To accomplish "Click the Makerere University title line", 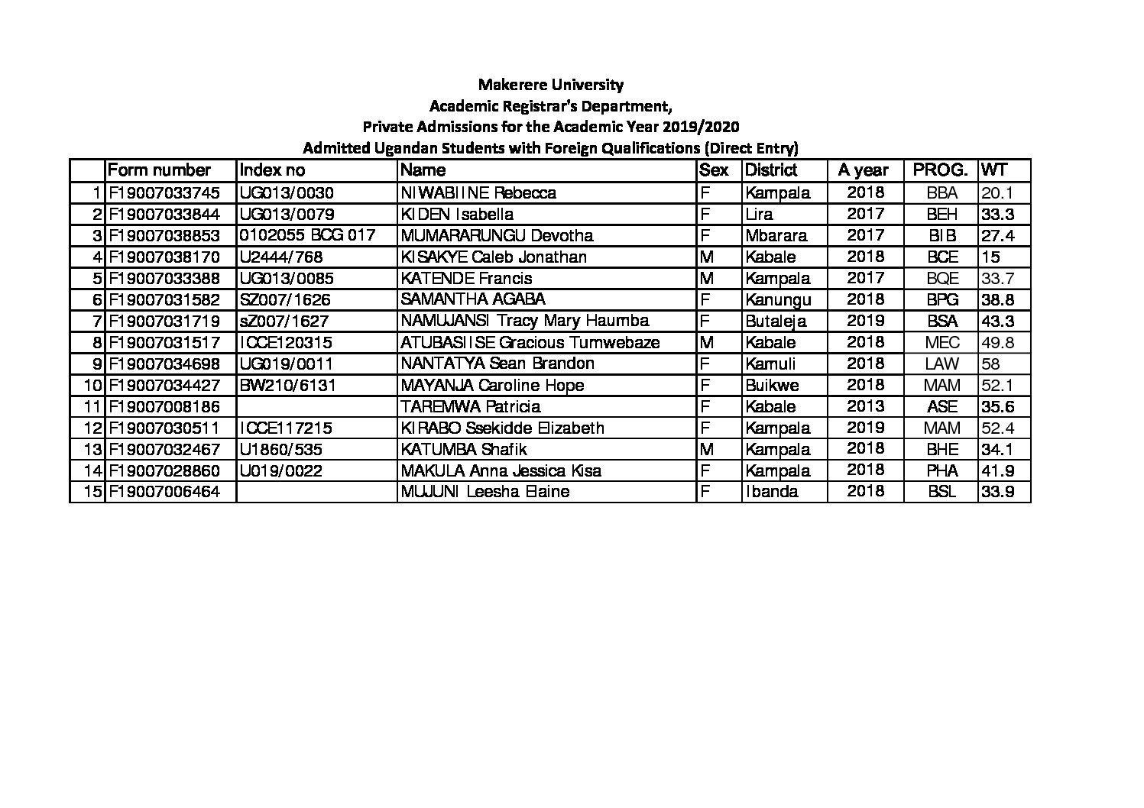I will [x=550, y=84].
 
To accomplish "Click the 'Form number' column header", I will [x=159, y=170].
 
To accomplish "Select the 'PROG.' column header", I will [x=941, y=170].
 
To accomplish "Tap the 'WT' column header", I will [x=994, y=170].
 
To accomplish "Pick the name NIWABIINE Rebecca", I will [x=478, y=192].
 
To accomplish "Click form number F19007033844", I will [x=164, y=214].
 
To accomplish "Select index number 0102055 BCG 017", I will [x=307, y=235].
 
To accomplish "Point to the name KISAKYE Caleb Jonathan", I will [x=494, y=257].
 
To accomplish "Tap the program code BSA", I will [x=941, y=321].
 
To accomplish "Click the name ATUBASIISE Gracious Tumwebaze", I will [x=530, y=342].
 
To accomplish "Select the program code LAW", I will [x=941, y=364].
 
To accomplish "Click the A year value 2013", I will [x=865, y=406].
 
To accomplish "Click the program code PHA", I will [x=941, y=470].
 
